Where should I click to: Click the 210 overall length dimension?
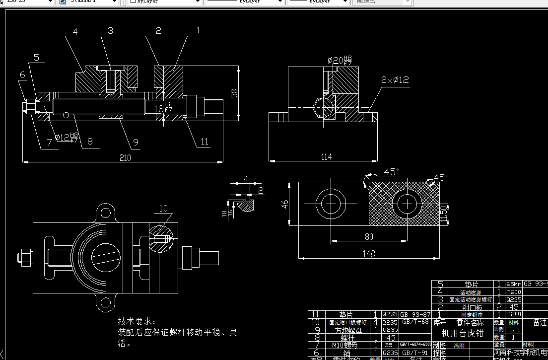pyautogui.click(x=125, y=158)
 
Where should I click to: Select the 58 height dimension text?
pyautogui.click(x=235, y=93)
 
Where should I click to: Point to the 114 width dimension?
pyautogui.click(x=326, y=157)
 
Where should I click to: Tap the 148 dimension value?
pyautogui.click(x=368, y=254)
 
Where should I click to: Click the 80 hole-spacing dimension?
pyautogui.click(x=369, y=237)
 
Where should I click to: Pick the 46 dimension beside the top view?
pyautogui.click(x=285, y=204)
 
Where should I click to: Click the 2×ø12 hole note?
pyautogui.click(x=395, y=79)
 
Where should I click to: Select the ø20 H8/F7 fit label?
pyautogui.click(x=340, y=61)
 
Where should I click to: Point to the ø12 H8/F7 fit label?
pyautogui.click(x=66, y=137)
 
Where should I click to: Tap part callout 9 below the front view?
pyautogui.click(x=136, y=143)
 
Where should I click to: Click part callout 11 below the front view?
pyautogui.click(x=205, y=142)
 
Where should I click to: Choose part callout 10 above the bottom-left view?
pyautogui.click(x=163, y=208)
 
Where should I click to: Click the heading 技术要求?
pyautogui.click(x=137, y=322)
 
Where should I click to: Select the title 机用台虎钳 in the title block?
pyautogui.click(x=462, y=333)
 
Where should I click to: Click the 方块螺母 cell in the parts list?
pyautogui.click(x=345, y=330)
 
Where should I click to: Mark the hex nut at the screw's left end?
pyautogui.click(x=29, y=105)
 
